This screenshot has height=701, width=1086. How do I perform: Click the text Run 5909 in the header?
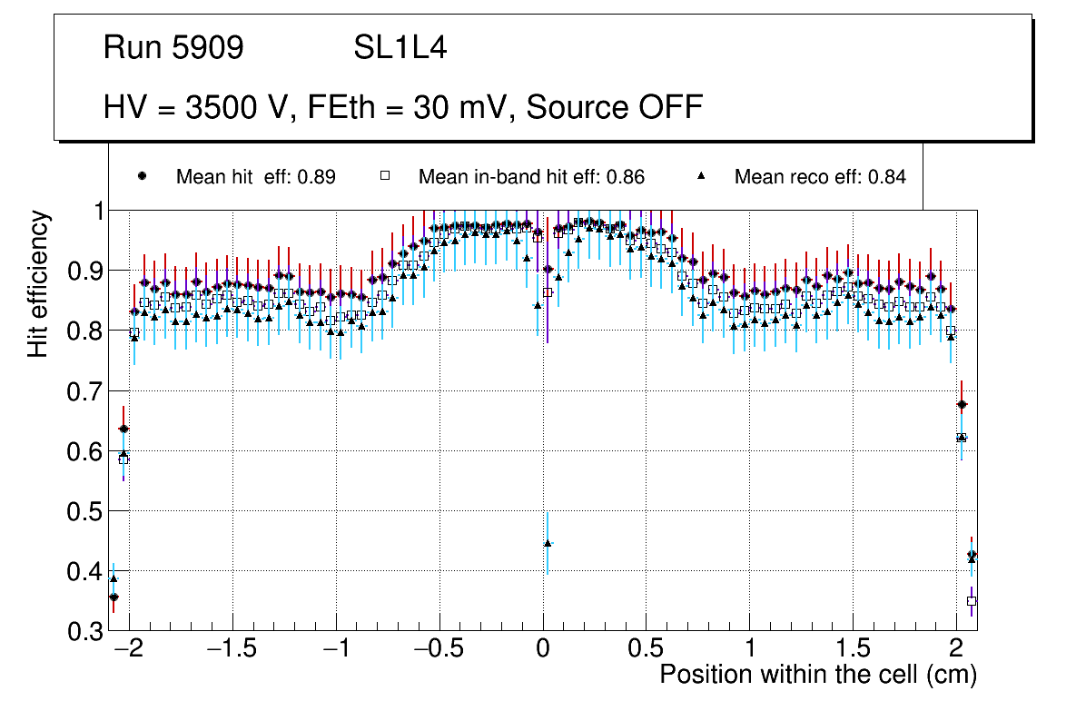pyautogui.click(x=173, y=48)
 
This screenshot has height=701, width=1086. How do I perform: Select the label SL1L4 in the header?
pyautogui.click(x=400, y=48)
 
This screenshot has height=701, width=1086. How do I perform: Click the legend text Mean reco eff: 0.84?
pyautogui.click(x=820, y=177)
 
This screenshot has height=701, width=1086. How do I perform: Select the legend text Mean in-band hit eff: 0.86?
pyautogui.click(x=531, y=177)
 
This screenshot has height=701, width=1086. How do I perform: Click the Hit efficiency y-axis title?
pyautogui.click(x=38, y=283)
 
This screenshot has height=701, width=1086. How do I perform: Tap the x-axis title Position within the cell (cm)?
pyautogui.click(x=817, y=675)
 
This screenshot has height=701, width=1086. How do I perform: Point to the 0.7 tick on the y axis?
pyautogui.click(x=87, y=391)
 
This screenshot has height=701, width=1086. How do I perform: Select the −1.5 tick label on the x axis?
pyautogui.click(x=232, y=650)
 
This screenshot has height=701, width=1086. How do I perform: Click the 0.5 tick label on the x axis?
pyautogui.click(x=646, y=650)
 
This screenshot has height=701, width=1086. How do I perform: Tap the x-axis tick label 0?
pyautogui.click(x=543, y=650)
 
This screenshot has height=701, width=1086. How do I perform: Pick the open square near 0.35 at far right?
pyautogui.click(x=972, y=601)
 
